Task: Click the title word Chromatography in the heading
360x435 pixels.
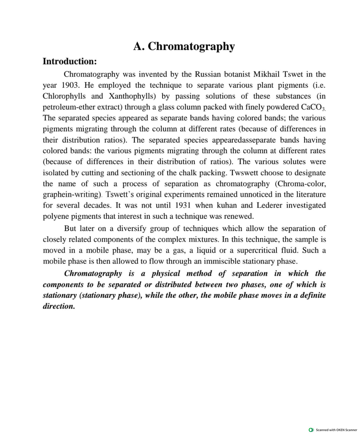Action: (191, 46)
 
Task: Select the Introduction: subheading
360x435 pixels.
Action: (70, 61)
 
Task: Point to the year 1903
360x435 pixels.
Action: (70, 85)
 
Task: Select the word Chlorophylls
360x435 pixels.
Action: (64, 96)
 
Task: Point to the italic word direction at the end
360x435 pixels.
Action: (58, 306)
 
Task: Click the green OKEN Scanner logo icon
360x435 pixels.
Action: (311, 430)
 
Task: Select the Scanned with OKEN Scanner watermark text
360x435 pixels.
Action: (336, 430)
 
